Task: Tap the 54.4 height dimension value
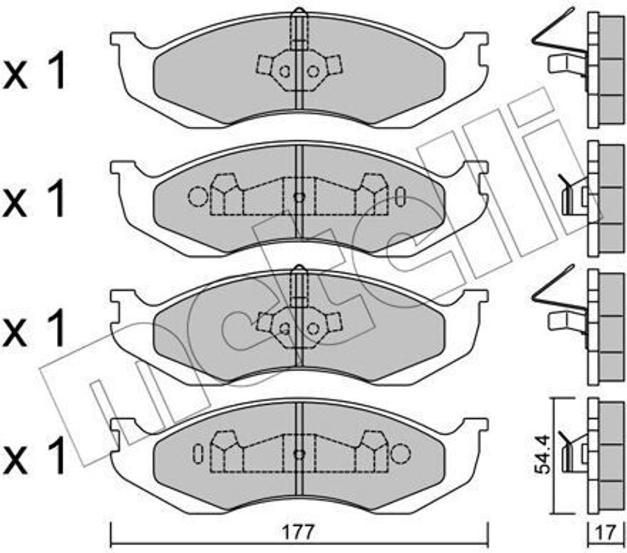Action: (544, 455)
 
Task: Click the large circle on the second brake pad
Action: (198, 197)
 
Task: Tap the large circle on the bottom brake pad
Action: (400, 454)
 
